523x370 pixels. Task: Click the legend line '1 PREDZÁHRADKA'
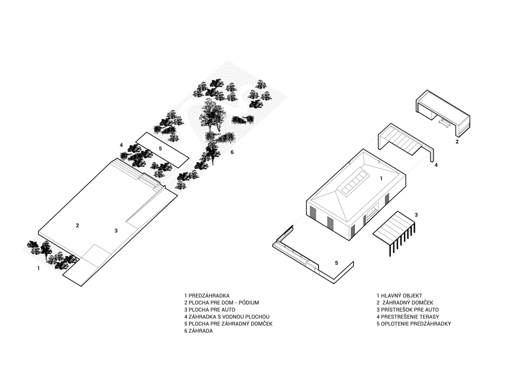[207, 296]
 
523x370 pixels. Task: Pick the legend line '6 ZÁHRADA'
[198, 331]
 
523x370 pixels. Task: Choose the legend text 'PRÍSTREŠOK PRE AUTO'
[407, 310]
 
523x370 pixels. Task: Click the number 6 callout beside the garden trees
[232, 152]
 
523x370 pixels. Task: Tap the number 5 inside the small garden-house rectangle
[160, 149]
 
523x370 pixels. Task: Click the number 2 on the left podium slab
[77, 225]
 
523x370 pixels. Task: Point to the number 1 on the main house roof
[381, 179]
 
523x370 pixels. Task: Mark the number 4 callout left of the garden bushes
[121, 145]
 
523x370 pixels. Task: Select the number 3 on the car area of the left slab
[116, 231]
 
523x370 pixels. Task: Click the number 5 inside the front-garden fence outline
[336, 263]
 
